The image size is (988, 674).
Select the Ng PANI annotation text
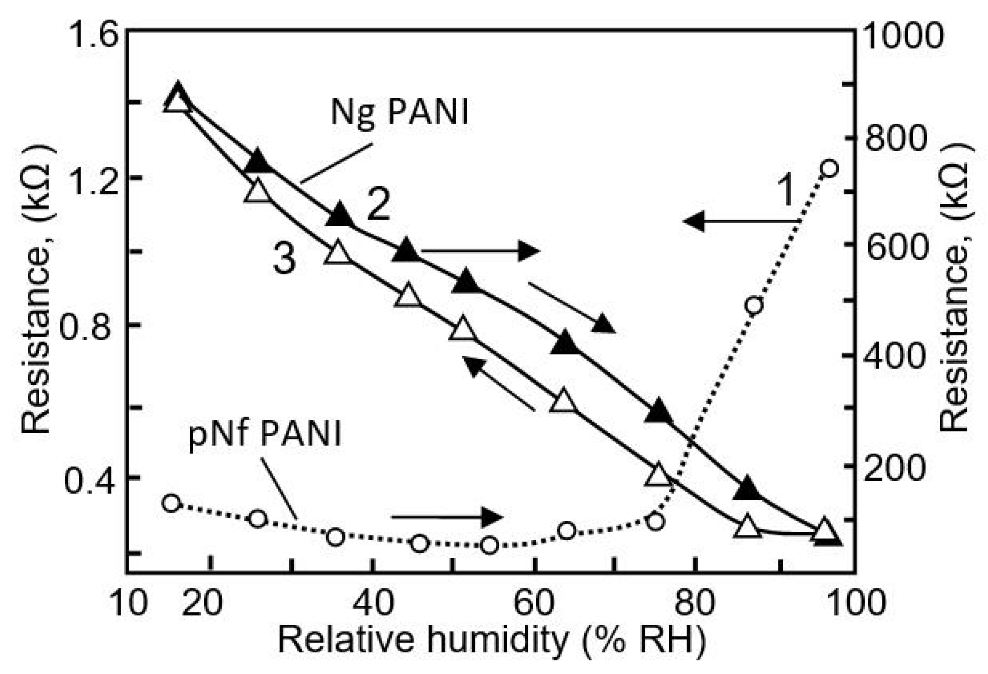pos(400,112)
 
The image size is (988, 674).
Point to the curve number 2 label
pos(378,206)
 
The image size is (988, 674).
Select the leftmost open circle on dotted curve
pos(171,503)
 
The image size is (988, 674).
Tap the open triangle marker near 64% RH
pos(563,401)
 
